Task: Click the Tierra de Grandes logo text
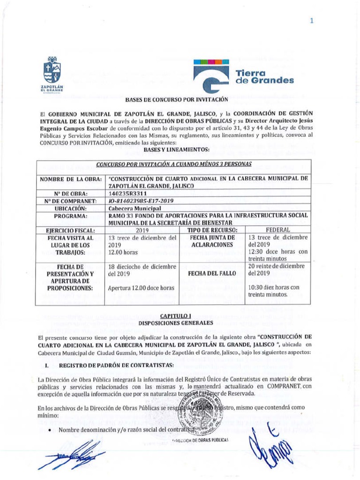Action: point(264,77)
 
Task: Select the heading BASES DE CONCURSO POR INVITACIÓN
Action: point(176,100)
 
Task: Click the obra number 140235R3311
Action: point(127,193)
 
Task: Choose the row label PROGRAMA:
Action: point(71,216)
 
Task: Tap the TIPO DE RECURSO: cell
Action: point(212,231)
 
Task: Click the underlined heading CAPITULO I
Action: point(176,317)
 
